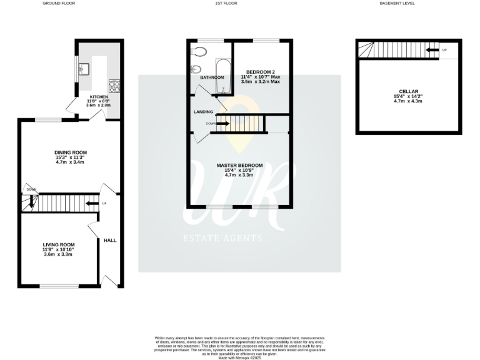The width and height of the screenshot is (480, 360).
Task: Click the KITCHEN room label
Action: click(99, 97)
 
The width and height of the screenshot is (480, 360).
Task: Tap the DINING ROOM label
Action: click(70, 152)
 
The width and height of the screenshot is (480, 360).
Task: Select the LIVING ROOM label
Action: click(59, 244)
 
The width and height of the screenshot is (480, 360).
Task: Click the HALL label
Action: click(110, 240)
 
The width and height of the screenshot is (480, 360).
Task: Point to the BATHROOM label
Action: click(212, 77)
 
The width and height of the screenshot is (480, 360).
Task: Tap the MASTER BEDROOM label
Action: click(239, 166)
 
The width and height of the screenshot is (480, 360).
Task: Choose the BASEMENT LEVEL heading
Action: click(397, 4)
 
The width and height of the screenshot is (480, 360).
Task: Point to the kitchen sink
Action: click(87, 69)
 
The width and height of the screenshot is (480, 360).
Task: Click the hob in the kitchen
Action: click(114, 84)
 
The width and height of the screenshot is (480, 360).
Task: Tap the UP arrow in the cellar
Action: click(431, 50)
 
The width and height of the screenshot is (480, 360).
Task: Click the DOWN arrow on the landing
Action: click(222, 124)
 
